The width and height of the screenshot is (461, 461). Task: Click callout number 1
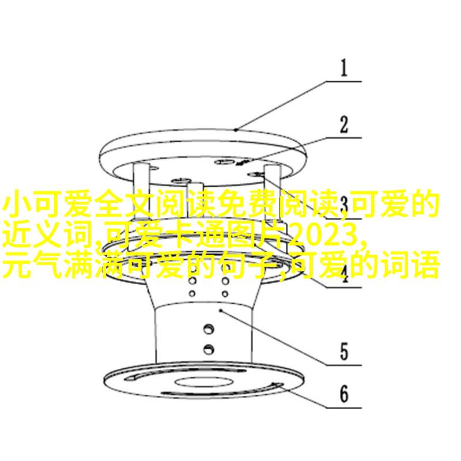pyautogui.click(x=344, y=68)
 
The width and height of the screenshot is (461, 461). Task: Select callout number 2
pyautogui.click(x=344, y=124)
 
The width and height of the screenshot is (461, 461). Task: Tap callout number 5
pyautogui.click(x=344, y=352)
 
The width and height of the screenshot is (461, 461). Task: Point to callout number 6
pyautogui.click(x=344, y=394)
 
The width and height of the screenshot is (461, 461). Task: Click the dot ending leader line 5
pyautogui.click(x=221, y=310)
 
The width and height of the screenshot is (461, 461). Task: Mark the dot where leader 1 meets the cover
pyautogui.click(x=236, y=129)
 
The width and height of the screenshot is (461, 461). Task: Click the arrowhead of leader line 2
pyautogui.click(x=243, y=162)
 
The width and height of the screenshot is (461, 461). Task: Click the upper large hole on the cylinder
pyautogui.click(x=209, y=328)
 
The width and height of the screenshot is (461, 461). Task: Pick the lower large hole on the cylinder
pyautogui.click(x=209, y=349)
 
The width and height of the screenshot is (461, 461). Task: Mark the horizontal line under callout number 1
pyautogui.click(x=343, y=81)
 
